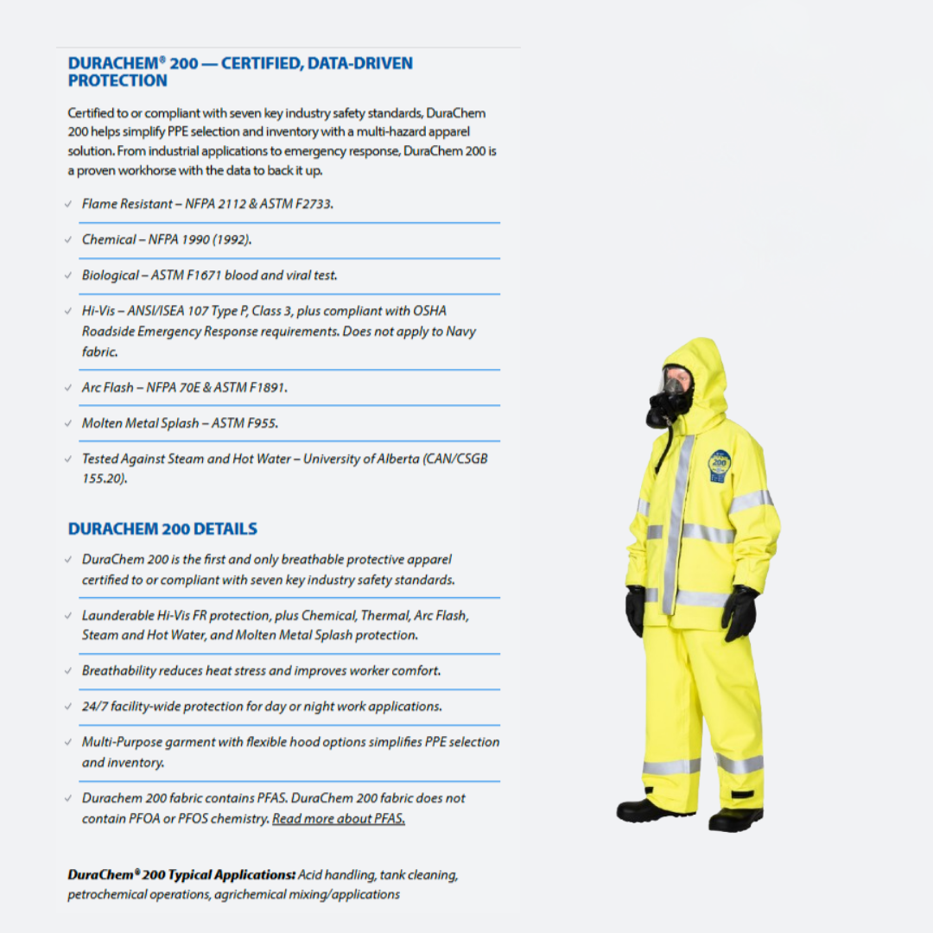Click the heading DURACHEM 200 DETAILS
(x=162, y=529)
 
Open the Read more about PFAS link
(x=339, y=819)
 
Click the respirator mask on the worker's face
(x=668, y=400)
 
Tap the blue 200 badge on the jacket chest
(x=719, y=465)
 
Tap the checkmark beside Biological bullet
(x=68, y=276)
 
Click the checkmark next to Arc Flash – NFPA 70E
(x=68, y=388)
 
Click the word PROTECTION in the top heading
(x=117, y=81)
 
